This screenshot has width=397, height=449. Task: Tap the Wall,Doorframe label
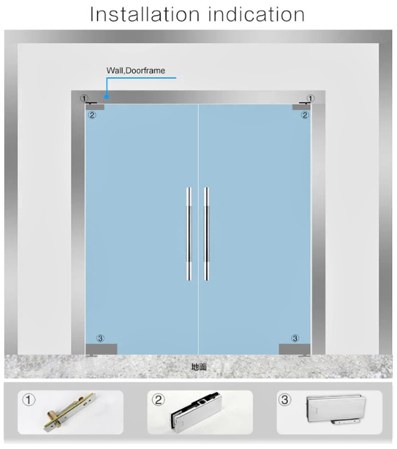tap(135, 70)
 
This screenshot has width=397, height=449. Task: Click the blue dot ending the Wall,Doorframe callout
tap(106, 97)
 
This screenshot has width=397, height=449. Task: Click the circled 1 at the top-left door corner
tap(85, 98)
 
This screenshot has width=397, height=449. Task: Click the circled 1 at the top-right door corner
tap(311, 98)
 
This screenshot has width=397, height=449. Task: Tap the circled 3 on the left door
tap(100, 338)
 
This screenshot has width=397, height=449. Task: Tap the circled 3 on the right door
tap(295, 338)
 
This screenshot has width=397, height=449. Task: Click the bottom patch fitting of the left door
tap(101, 349)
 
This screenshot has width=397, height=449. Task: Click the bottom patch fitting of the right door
tap(295, 349)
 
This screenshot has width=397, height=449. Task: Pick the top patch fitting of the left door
tap(95, 106)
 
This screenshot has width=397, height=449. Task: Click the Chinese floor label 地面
tap(198, 366)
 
